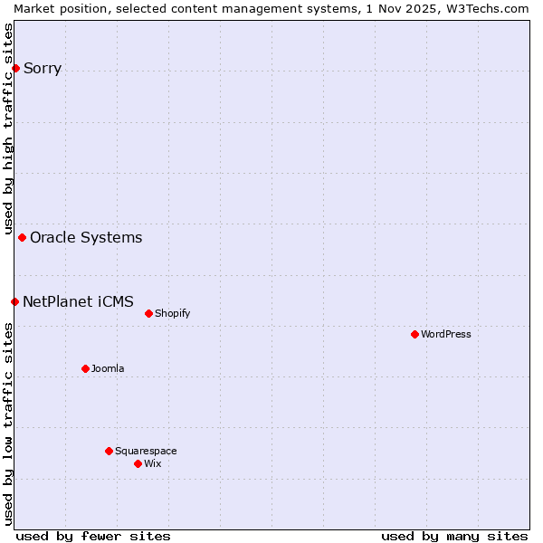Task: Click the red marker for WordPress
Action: [x=414, y=334]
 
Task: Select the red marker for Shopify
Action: [x=148, y=313]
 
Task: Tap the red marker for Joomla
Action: [x=85, y=368]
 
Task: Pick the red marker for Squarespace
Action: [x=109, y=451]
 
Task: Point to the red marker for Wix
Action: [x=138, y=463]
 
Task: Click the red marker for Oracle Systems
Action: [x=22, y=237]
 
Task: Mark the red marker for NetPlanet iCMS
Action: [x=14, y=301]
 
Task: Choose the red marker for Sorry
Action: [x=15, y=68]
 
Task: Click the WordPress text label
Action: [x=446, y=334]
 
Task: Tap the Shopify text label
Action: [x=172, y=313]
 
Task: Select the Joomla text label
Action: [x=108, y=368]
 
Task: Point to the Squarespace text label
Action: [x=146, y=451]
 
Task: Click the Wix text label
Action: [x=152, y=463]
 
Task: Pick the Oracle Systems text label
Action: [x=86, y=237]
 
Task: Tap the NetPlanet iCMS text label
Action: [x=78, y=301]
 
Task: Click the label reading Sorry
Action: [x=43, y=68]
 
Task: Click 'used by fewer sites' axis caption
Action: [x=93, y=536]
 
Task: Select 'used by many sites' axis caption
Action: [x=454, y=536]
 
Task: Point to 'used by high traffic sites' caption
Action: [x=9, y=127]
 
